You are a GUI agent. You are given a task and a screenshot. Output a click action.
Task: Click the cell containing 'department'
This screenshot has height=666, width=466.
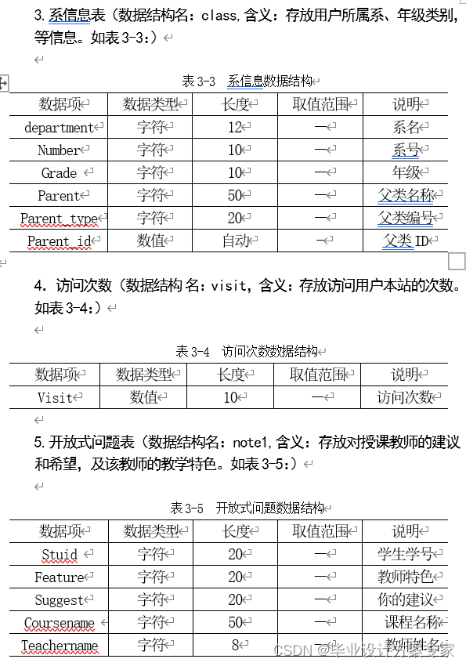click(x=59, y=127)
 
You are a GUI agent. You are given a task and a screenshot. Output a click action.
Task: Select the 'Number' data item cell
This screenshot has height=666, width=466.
click(x=59, y=150)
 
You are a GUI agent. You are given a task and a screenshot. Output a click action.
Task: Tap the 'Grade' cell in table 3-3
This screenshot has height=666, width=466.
click(x=59, y=172)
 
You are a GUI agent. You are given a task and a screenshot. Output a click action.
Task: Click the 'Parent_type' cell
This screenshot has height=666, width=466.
click(x=59, y=219)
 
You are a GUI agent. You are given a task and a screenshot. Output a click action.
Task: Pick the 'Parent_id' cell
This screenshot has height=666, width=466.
click(x=59, y=241)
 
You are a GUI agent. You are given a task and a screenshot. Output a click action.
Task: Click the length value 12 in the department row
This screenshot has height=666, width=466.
click(x=235, y=127)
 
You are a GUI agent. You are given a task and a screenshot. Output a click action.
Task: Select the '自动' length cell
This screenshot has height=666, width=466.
click(x=235, y=241)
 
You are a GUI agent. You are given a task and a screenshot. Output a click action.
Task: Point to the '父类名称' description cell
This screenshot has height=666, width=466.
click(x=406, y=195)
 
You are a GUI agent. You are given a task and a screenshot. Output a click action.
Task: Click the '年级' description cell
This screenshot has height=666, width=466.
click(x=406, y=172)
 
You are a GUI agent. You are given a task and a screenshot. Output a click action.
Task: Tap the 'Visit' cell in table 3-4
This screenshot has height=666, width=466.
click(x=55, y=397)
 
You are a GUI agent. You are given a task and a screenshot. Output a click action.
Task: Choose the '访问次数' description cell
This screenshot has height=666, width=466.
click(x=404, y=397)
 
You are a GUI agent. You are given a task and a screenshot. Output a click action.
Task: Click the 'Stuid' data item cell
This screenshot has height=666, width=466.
click(x=60, y=555)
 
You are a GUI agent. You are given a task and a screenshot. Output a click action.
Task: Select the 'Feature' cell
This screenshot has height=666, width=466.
click(x=60, y=577)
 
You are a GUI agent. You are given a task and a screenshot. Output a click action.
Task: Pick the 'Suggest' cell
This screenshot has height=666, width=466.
click(x=60, y=600)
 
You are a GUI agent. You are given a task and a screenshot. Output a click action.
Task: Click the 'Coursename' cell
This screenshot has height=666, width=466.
click(x=60, y=624)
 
